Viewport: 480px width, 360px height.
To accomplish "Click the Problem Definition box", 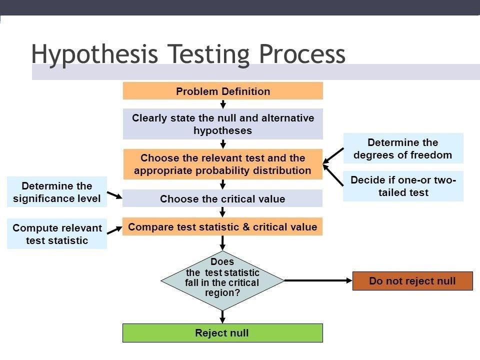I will pyautogui.click(x=222, y=91).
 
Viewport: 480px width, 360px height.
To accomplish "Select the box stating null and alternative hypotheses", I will pyautogui.click(x=222, y=124).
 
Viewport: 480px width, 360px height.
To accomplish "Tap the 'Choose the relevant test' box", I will pyautogui.click(x=222, y=164).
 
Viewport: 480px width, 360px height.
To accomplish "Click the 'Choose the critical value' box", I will pyautogui.click(x=222, y=198).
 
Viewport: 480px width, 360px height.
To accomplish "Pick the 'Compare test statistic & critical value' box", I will pyautogui.click(x=222, y=226).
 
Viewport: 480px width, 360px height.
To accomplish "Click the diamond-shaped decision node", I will pyautogui.click(x=222, y=280).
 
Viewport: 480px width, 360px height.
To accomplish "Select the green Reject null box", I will pyautogui.click(x=222, y=333).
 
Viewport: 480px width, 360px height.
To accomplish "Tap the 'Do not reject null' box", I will pyautogui.click(x=412, y=280).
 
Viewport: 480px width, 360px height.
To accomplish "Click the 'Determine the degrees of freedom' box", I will pyautogui.click(x=402, y=148).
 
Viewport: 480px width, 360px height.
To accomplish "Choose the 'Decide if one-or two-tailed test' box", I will pyautogui.click(x=402, y=186).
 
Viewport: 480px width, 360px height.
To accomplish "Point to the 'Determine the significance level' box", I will pyautogui.click(x=56, y=192).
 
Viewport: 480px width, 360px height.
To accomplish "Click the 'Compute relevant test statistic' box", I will pyautogui.click(x=56, y=234).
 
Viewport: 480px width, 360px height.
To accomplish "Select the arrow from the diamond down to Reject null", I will pyautogui.click(x=222, y=317).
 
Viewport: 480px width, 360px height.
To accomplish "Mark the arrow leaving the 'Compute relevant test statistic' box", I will pyautogui.click(x=114, y=230).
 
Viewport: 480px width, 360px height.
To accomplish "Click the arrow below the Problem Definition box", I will pyautogui.click(x=223, y=104).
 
